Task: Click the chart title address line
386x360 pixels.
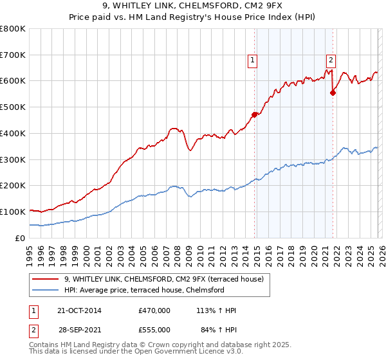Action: click(192, 6)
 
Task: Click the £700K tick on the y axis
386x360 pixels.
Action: click(13, 55)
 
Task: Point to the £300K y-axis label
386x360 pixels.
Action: click(13, 159)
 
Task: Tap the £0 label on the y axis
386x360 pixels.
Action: click(21, 238)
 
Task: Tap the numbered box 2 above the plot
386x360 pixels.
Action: click(331, 61)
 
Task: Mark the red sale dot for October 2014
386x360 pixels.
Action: click(254, 114)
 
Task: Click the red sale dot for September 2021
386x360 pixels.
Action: click(333, 93)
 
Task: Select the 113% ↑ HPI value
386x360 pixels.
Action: click(216, 310)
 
